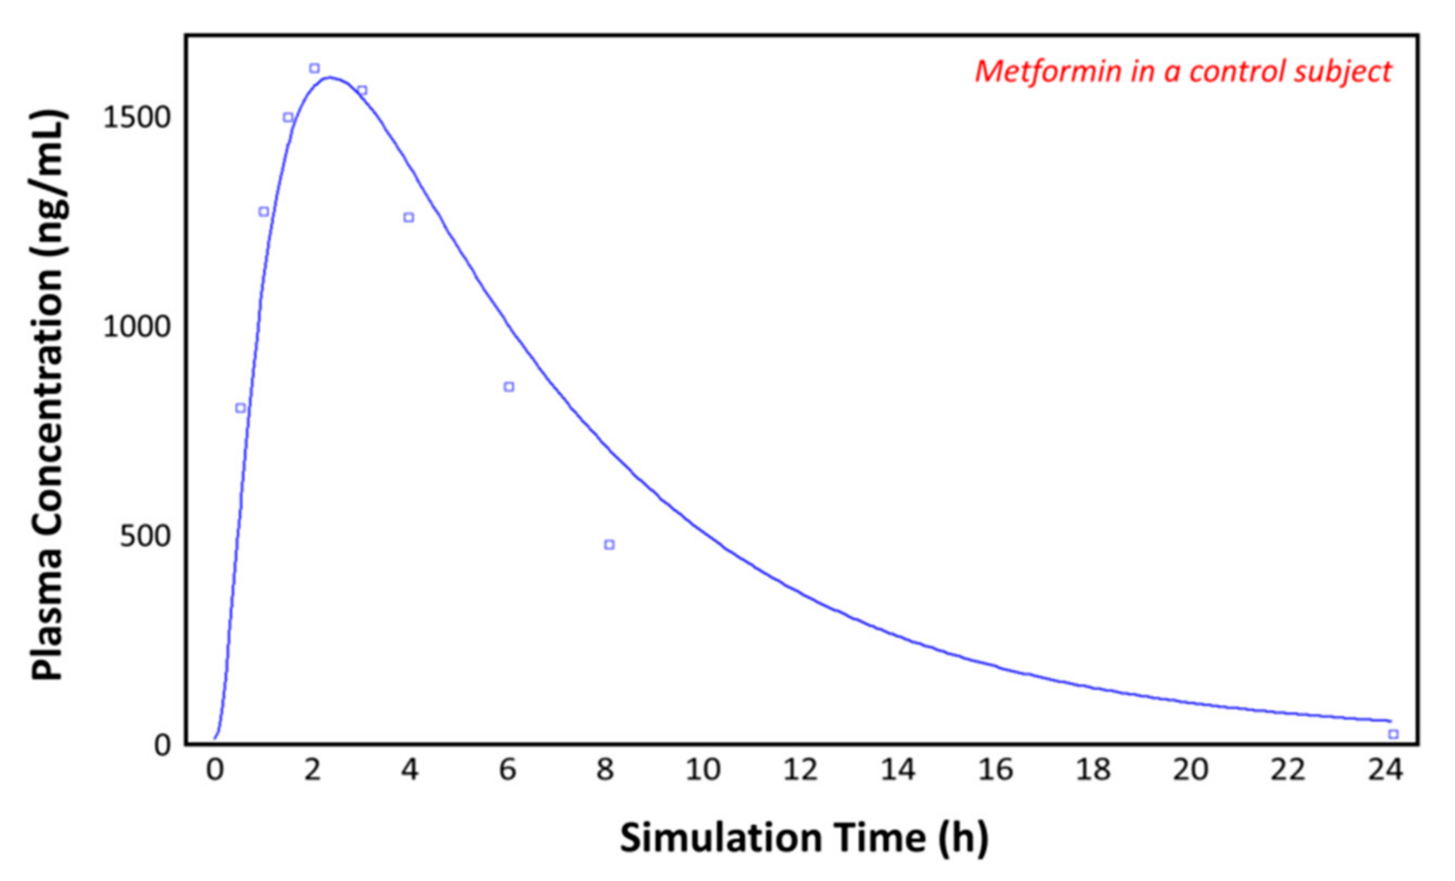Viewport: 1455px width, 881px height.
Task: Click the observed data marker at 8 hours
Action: point(610,545)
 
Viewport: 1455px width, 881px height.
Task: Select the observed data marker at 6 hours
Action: point(509,387)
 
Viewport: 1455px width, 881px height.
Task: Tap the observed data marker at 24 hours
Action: point(1394,734)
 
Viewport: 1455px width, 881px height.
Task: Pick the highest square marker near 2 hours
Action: point(315,68)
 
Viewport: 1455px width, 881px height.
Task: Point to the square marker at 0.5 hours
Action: point(241,408)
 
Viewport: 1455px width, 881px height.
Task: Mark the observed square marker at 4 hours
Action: point(409,217)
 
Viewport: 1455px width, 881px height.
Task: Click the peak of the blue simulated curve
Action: point(329,77)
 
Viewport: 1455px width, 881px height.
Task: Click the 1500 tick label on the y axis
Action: point(137,118)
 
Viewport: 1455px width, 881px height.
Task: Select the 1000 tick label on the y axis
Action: point(137,327)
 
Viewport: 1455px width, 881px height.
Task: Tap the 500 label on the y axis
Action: point(145,536)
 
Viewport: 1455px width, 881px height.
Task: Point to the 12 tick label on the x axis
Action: point(801,770)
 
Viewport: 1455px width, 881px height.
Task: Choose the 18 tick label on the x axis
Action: point(1094,770)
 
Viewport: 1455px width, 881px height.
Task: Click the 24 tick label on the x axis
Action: point(1385,770)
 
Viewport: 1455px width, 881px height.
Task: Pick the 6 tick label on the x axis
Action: point(508,770)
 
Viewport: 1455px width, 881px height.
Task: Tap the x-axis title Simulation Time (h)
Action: point(804,838)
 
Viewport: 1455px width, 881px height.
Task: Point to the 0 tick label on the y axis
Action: point(163,745)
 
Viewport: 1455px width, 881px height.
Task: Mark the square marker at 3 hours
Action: point(362,90)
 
